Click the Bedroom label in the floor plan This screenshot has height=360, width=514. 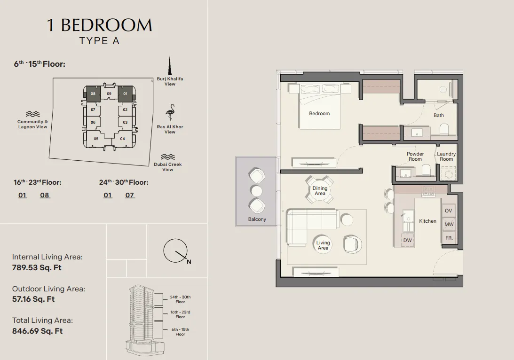[319, 113]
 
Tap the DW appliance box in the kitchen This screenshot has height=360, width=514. [407, 240]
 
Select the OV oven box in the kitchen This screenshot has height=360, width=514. [449, 211]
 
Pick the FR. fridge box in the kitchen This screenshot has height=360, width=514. [449, 238]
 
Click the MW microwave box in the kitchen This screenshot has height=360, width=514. [449, 224]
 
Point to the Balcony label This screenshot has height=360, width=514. [257, 219]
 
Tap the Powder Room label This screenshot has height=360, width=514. [415, 156]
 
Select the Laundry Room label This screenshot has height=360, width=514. [446, 156]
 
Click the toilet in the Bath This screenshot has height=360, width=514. [444, 129]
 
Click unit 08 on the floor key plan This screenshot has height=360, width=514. [93, 94]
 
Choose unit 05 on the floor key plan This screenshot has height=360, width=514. [96, 139]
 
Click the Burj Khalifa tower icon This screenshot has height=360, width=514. [170, 66]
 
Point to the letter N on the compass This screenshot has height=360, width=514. [189, 262]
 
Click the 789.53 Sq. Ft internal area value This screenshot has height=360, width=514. [37, 267]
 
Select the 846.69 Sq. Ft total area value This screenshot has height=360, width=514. [37, 331]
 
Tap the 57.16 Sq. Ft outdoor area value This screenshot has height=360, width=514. [33, 299]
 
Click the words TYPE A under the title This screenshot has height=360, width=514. [99, 41]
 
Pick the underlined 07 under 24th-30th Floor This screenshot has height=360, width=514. [130, 195]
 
